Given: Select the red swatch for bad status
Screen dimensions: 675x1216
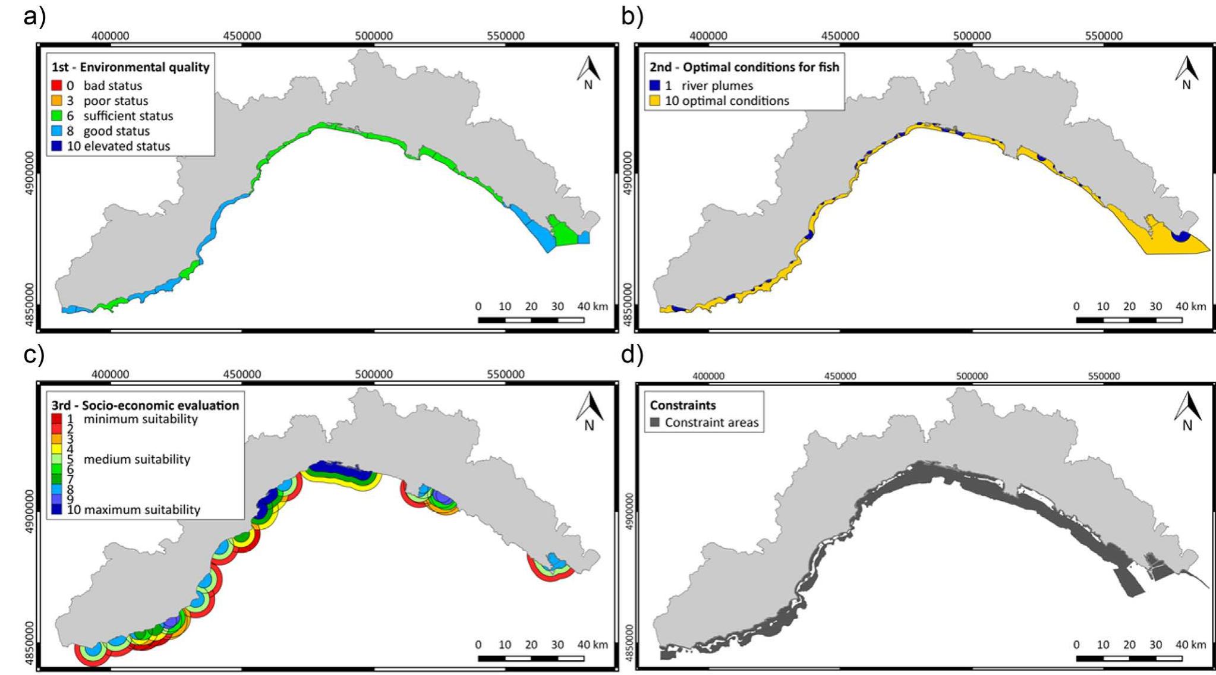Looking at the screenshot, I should pos(56,86).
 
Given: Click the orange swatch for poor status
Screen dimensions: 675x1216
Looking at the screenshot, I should pos(56,100).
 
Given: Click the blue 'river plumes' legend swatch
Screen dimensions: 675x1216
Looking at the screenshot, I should pos(655,86).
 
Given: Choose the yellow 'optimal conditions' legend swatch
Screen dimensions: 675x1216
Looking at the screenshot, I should pos(655,100).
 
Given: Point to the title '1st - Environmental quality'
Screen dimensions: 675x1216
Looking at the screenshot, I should pos(130,67).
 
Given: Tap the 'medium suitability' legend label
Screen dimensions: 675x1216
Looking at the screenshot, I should pos(137,459).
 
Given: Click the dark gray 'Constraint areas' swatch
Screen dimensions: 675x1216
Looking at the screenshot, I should pos(655,422).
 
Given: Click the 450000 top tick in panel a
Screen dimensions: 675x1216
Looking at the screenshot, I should pos(242,36).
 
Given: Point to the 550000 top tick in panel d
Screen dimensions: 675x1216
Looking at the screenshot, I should pos(1104,376).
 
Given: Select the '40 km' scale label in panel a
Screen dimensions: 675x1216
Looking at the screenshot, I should pos(593,307).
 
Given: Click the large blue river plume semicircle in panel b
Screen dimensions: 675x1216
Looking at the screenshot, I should pos(1180,236).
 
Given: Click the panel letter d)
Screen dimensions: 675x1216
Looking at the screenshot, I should pos(632,355).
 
